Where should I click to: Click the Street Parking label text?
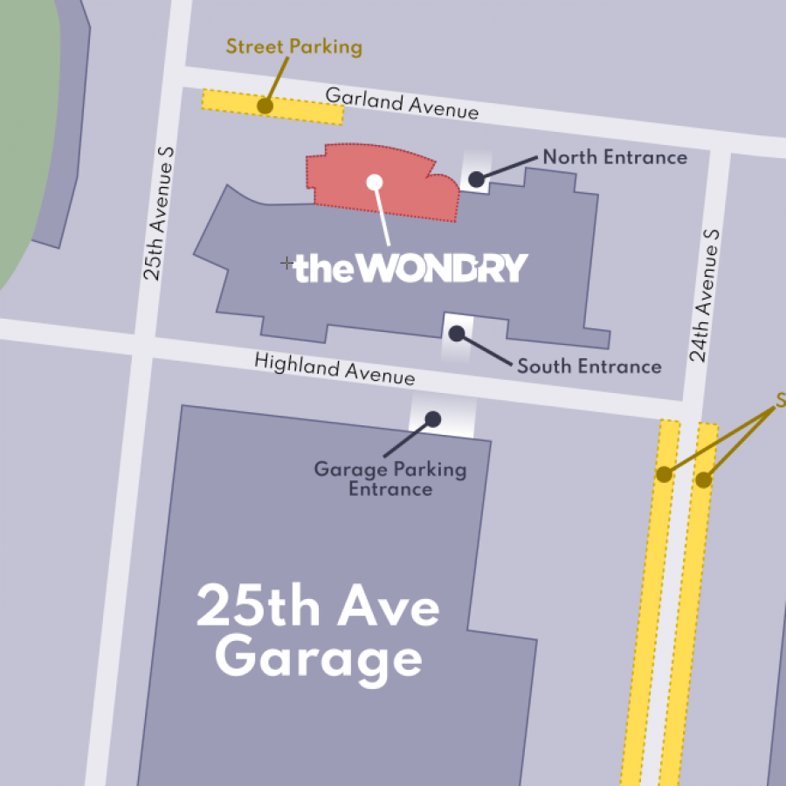coord(293,47)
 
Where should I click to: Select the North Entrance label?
coord(615,157)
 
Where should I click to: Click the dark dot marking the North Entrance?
coord(476,179)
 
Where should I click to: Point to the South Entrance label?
coord(589,366)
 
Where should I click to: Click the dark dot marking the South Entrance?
coord(457,333)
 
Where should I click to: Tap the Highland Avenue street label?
coord(334,369)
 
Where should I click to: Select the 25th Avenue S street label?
coord(160,213)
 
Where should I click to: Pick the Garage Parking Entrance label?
coord(390,479)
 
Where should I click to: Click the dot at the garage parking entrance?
coord(432,419)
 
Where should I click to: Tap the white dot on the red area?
coord(375,182)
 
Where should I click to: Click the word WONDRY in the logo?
coord(444,269)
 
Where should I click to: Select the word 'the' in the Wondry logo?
coord(324,269)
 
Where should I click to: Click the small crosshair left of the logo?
coord(286,262)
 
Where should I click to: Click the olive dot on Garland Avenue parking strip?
coord(265,106)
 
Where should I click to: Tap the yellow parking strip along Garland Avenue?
coord(306,111)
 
